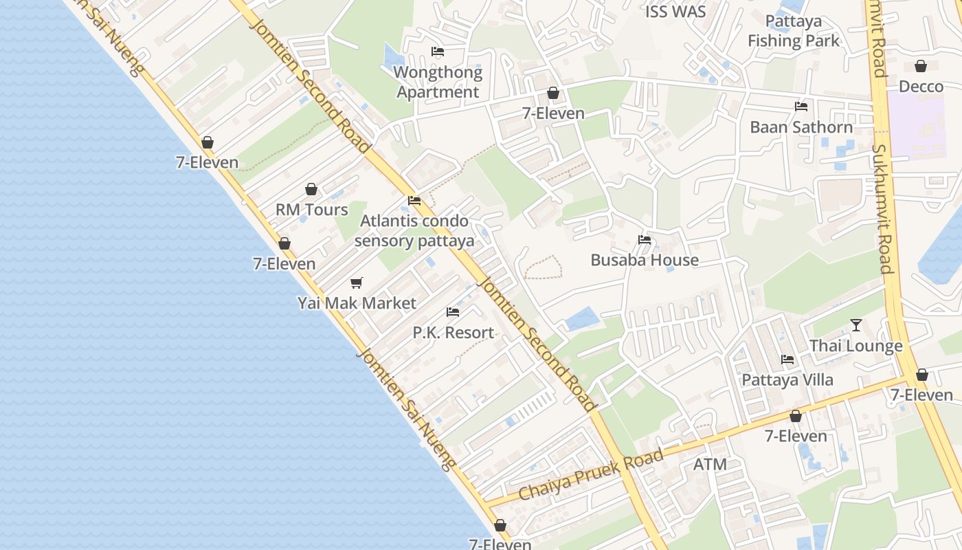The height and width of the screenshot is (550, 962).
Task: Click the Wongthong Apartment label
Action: (438, 82)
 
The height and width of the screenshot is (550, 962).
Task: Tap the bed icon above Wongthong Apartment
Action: (438, 52)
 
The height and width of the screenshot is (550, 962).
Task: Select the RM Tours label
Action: (312, 210)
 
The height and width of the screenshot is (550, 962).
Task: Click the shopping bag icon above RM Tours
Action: (311, 189)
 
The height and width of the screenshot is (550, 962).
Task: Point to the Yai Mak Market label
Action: (357, 303)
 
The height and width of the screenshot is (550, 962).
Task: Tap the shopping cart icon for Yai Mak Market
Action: (356, 283)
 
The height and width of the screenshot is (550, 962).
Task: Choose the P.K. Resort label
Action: (453, 333)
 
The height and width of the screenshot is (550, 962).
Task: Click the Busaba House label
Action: (645, 260)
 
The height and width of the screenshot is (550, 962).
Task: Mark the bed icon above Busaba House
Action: (645, 240)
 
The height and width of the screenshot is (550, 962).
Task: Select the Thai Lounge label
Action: (855, 346)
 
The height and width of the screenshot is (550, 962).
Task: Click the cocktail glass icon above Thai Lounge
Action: (855, 325)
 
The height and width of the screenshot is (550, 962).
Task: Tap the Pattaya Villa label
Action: (787, 379)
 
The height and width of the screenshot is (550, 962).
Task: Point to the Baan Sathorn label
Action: (801, 127)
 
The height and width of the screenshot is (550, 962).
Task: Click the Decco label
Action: (921, 87)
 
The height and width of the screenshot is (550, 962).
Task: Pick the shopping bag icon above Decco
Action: (921, 66)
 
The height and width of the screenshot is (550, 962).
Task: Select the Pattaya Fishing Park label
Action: (794, 31)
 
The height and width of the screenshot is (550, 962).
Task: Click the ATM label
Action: (710, 464)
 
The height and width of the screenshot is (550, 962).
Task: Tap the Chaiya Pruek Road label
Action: (591, 474)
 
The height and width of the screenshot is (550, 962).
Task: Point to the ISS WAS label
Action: (675, 12)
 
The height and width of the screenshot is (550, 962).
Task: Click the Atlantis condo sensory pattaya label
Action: (414, 231)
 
